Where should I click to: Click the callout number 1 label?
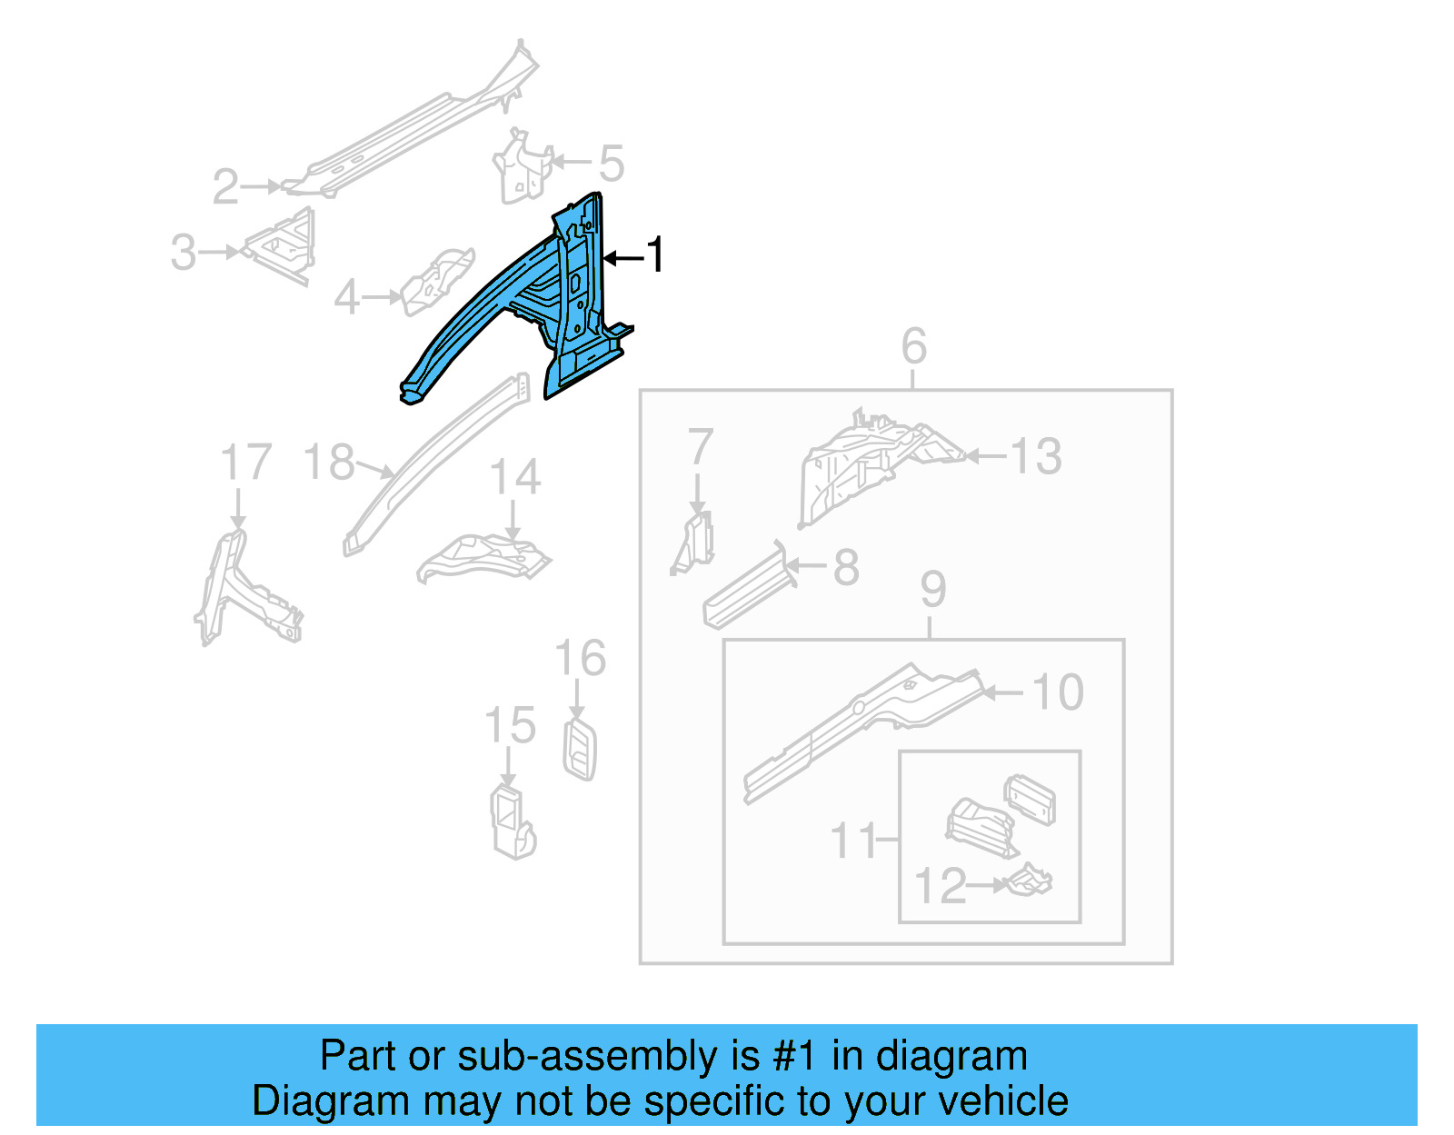(x=655, y=255)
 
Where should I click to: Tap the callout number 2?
(x=225, y=187)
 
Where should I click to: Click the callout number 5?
(x=611, y=164)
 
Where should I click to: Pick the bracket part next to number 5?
(x=522, y=169)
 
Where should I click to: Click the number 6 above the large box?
(x=913, y=346)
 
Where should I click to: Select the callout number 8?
(x=845, y=567)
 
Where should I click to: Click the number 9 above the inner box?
(x=932, y=590)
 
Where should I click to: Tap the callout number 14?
(x=514, y=477)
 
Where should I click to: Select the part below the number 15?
(x=512, y=822)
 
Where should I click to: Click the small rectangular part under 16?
(x=580, y=749)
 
